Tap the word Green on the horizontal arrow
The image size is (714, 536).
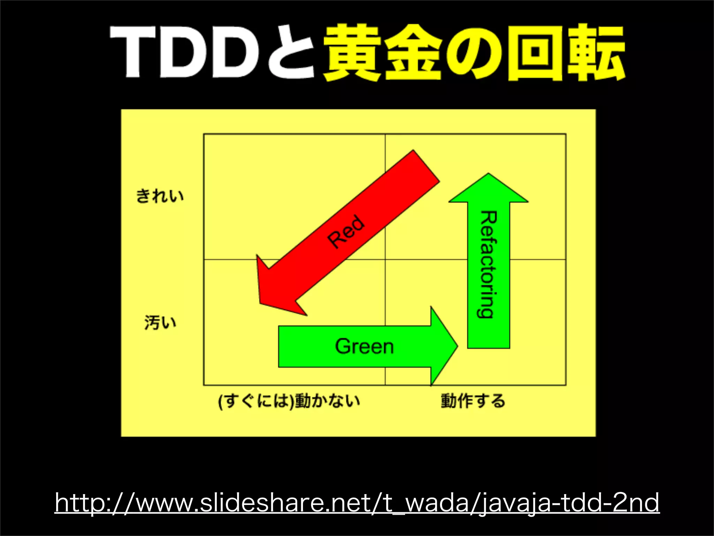click(364, 347)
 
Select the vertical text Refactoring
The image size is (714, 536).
click(488, 264)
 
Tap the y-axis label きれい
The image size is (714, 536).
click(160, 196)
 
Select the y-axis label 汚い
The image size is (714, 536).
click(160, 322)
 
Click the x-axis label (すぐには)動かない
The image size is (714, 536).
click(289, 401)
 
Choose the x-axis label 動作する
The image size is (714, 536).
click(473, 401)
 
